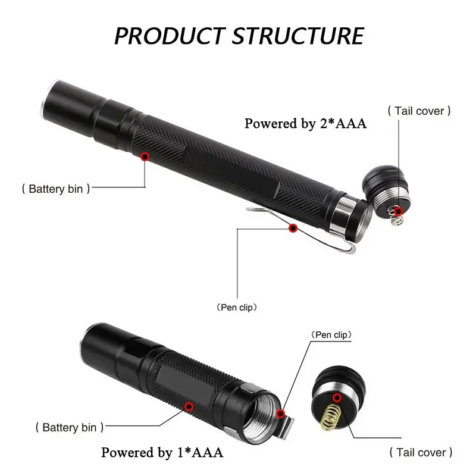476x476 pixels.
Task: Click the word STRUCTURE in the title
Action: point(297,35)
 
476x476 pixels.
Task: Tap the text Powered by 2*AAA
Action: point(306,124)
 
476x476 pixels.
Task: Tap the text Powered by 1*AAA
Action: point(162,452)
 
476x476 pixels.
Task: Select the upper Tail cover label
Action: point(419,111)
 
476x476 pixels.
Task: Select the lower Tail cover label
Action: point(421,452)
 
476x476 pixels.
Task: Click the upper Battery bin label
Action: point(56,189)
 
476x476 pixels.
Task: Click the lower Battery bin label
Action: point(70,427)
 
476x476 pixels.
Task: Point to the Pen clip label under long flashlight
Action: point(237,308)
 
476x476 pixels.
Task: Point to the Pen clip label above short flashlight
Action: point(331,335)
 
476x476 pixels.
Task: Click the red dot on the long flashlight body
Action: point(144,156)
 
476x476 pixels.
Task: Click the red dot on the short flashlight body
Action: point(189,406)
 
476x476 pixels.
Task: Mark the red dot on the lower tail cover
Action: point(337,397)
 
